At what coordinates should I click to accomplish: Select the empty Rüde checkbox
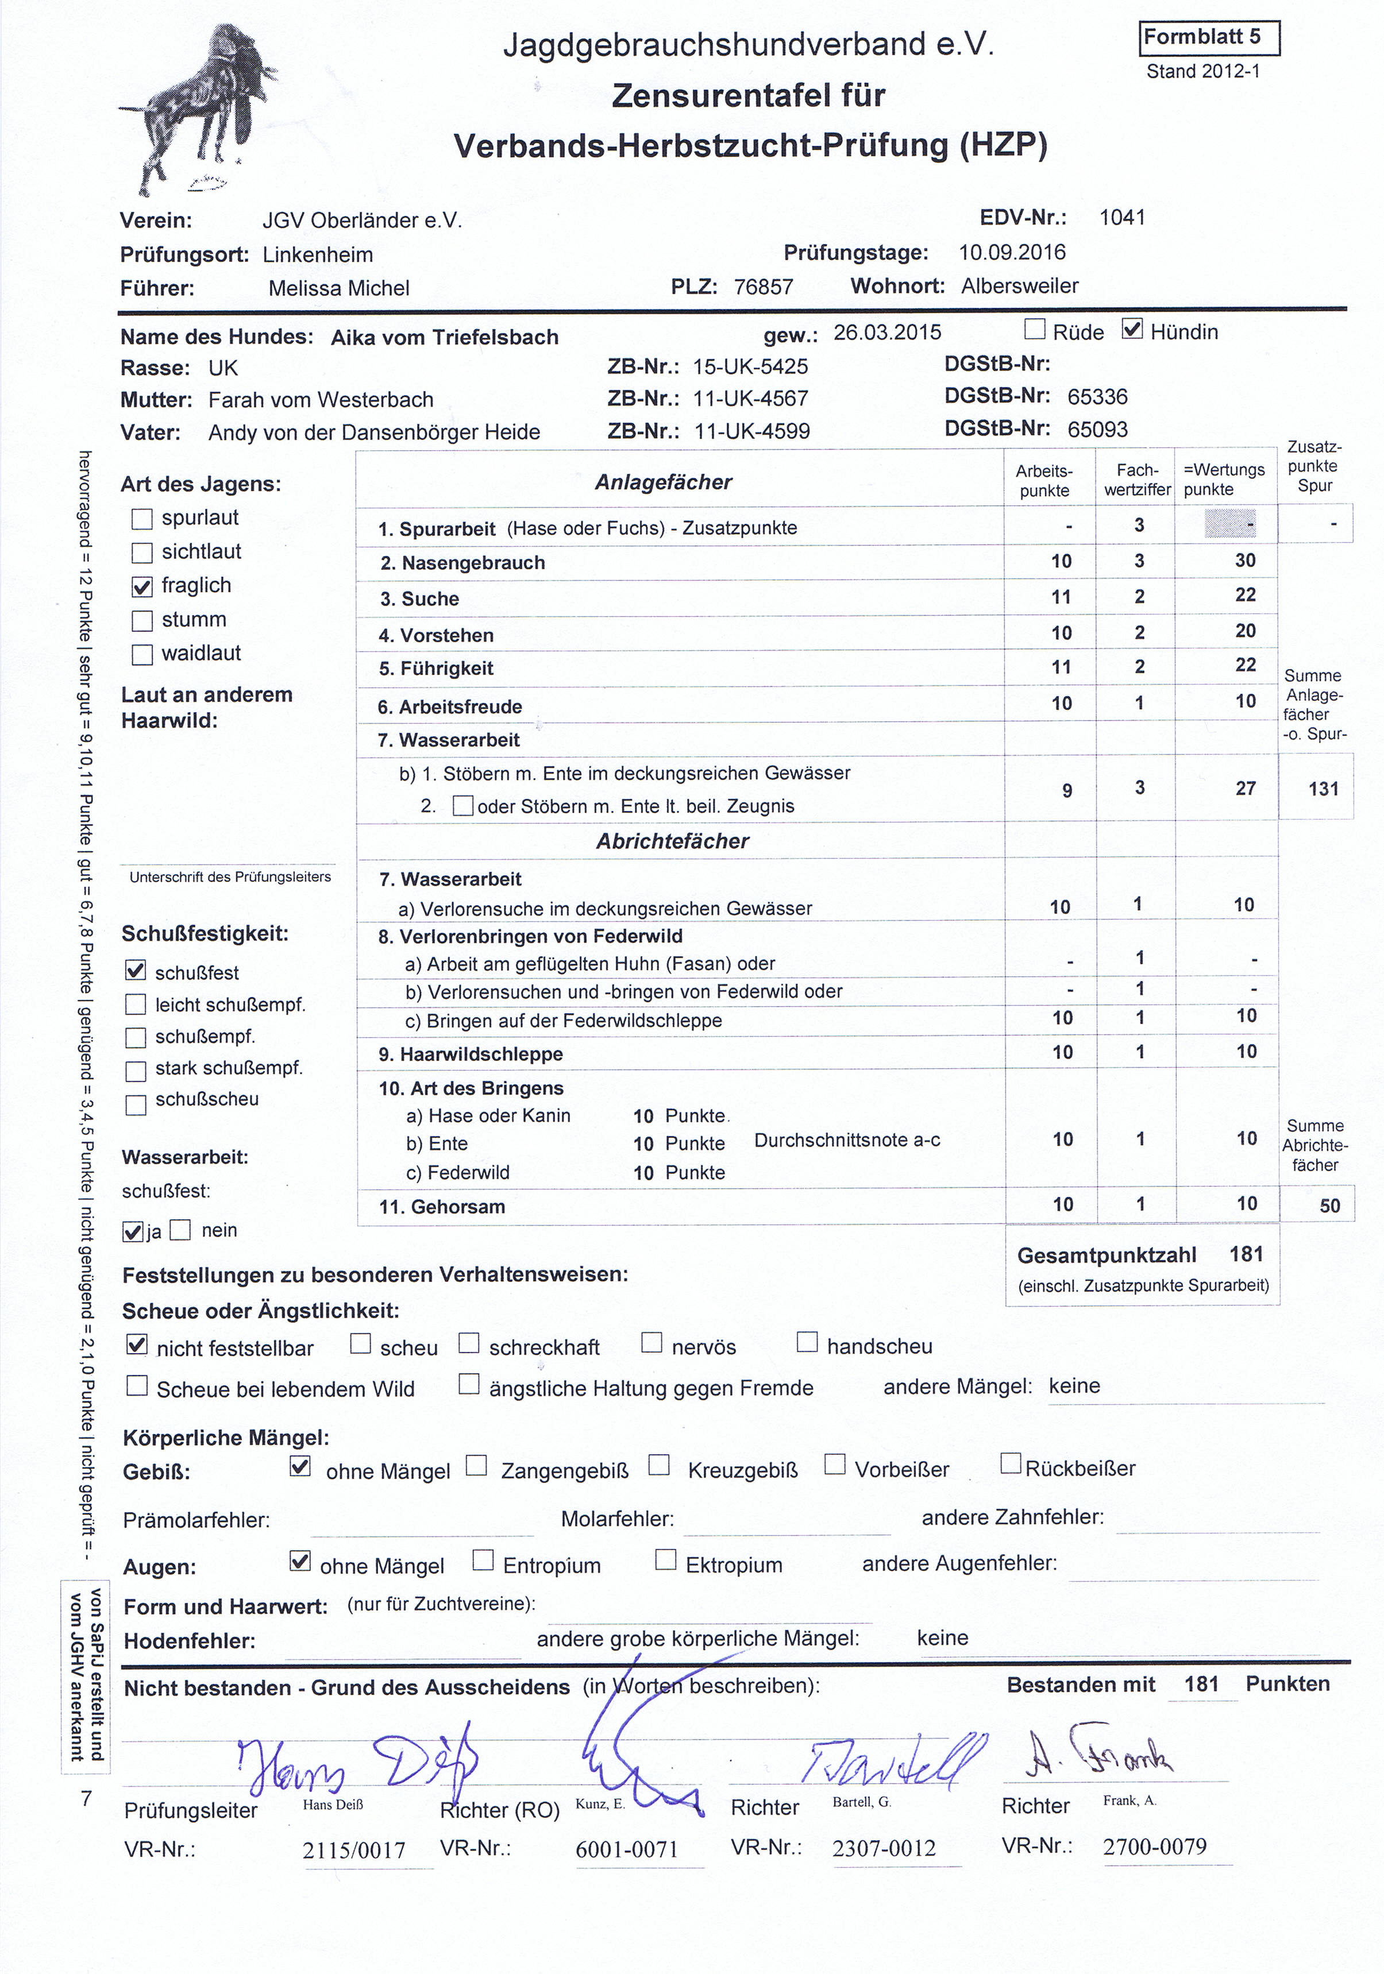(x=1035, y=329)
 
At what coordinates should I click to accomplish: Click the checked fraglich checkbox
(x=142, y=586)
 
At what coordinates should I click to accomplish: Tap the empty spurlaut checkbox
(x=142, y=519)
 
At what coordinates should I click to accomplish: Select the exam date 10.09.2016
(x=1012, y=253)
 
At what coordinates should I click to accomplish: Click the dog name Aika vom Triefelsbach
(x=445, y=337)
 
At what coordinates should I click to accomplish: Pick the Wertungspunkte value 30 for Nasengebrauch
(x=1244, y=561)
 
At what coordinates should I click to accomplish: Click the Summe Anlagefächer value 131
(x=1323, y=789)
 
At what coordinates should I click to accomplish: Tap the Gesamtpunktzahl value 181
(x=1246, y=1254)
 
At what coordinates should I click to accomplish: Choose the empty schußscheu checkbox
(x=136, y=1104)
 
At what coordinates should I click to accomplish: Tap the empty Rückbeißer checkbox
(x=1011, y=1463)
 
